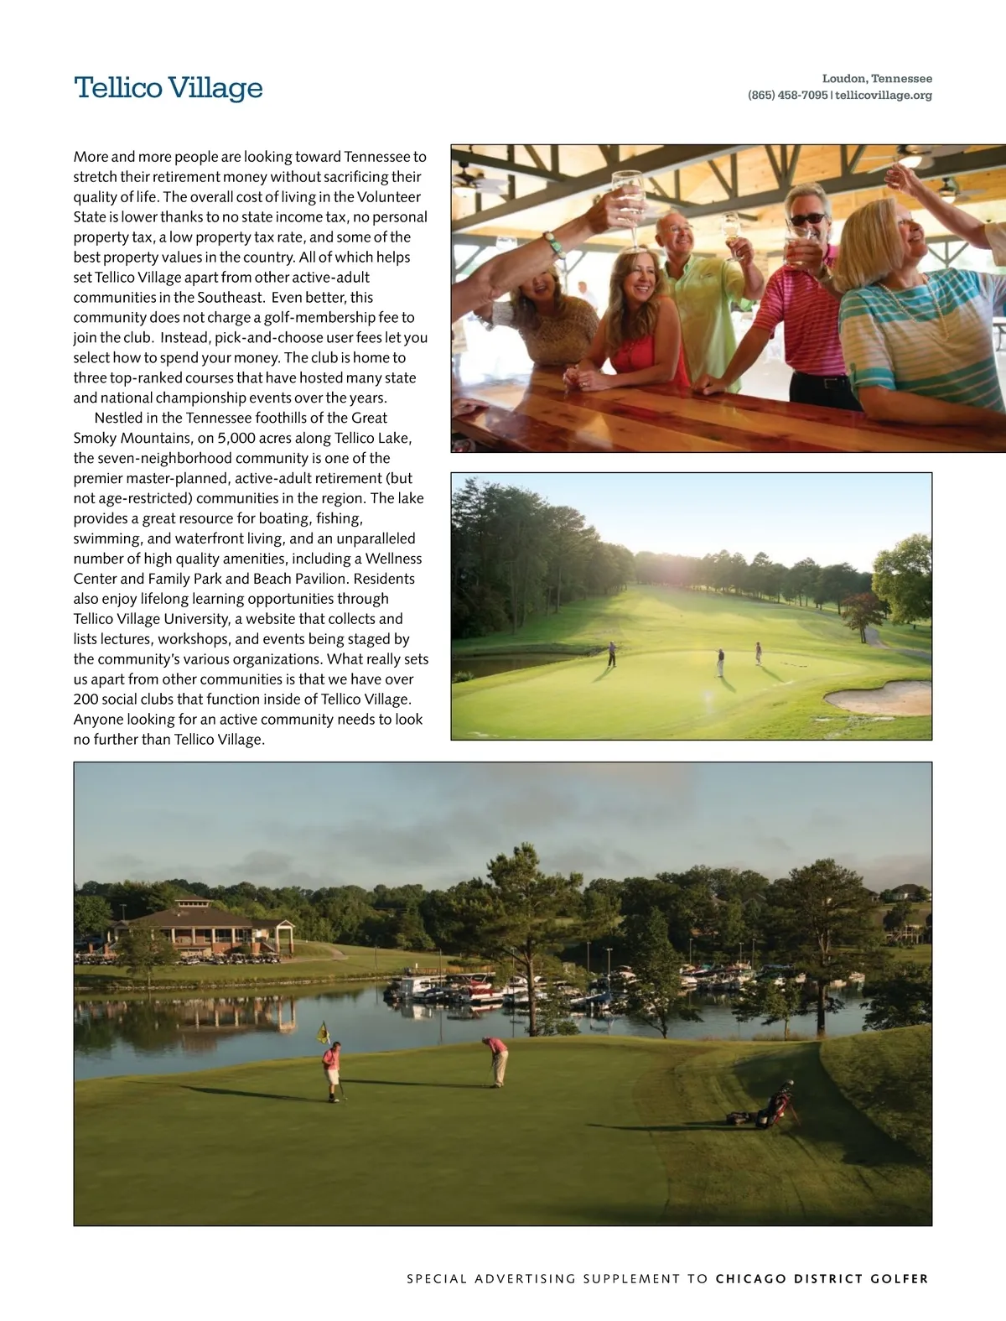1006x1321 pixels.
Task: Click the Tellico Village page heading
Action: point(169,88)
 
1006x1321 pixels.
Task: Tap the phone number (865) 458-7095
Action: point(787,96)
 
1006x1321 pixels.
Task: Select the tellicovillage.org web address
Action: point(884,96)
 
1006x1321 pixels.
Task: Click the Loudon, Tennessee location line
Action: point(877,79)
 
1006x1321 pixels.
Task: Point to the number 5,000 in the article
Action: point(236,438)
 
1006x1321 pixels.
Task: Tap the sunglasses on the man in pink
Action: point(808,220)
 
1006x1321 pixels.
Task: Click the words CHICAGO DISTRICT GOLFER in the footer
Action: point(822,1279)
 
